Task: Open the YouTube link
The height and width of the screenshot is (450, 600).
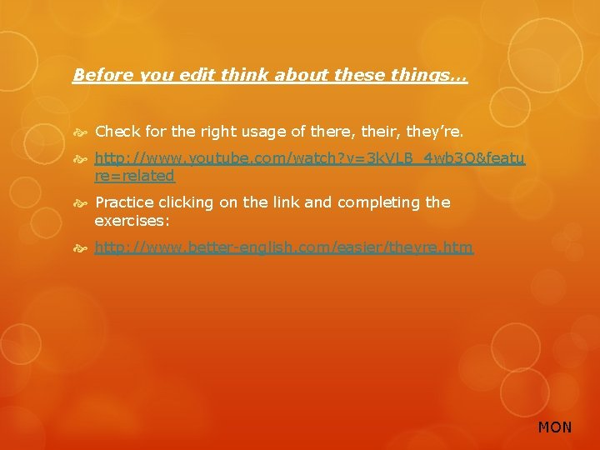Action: [x=309, y=157]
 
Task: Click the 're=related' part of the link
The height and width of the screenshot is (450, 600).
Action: [x=135, y=176]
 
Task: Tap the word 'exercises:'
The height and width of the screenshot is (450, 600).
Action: [x=132, y=221]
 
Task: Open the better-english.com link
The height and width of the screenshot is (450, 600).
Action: [x=284, y=247]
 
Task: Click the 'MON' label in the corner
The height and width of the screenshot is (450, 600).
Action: [x=555, y=427]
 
